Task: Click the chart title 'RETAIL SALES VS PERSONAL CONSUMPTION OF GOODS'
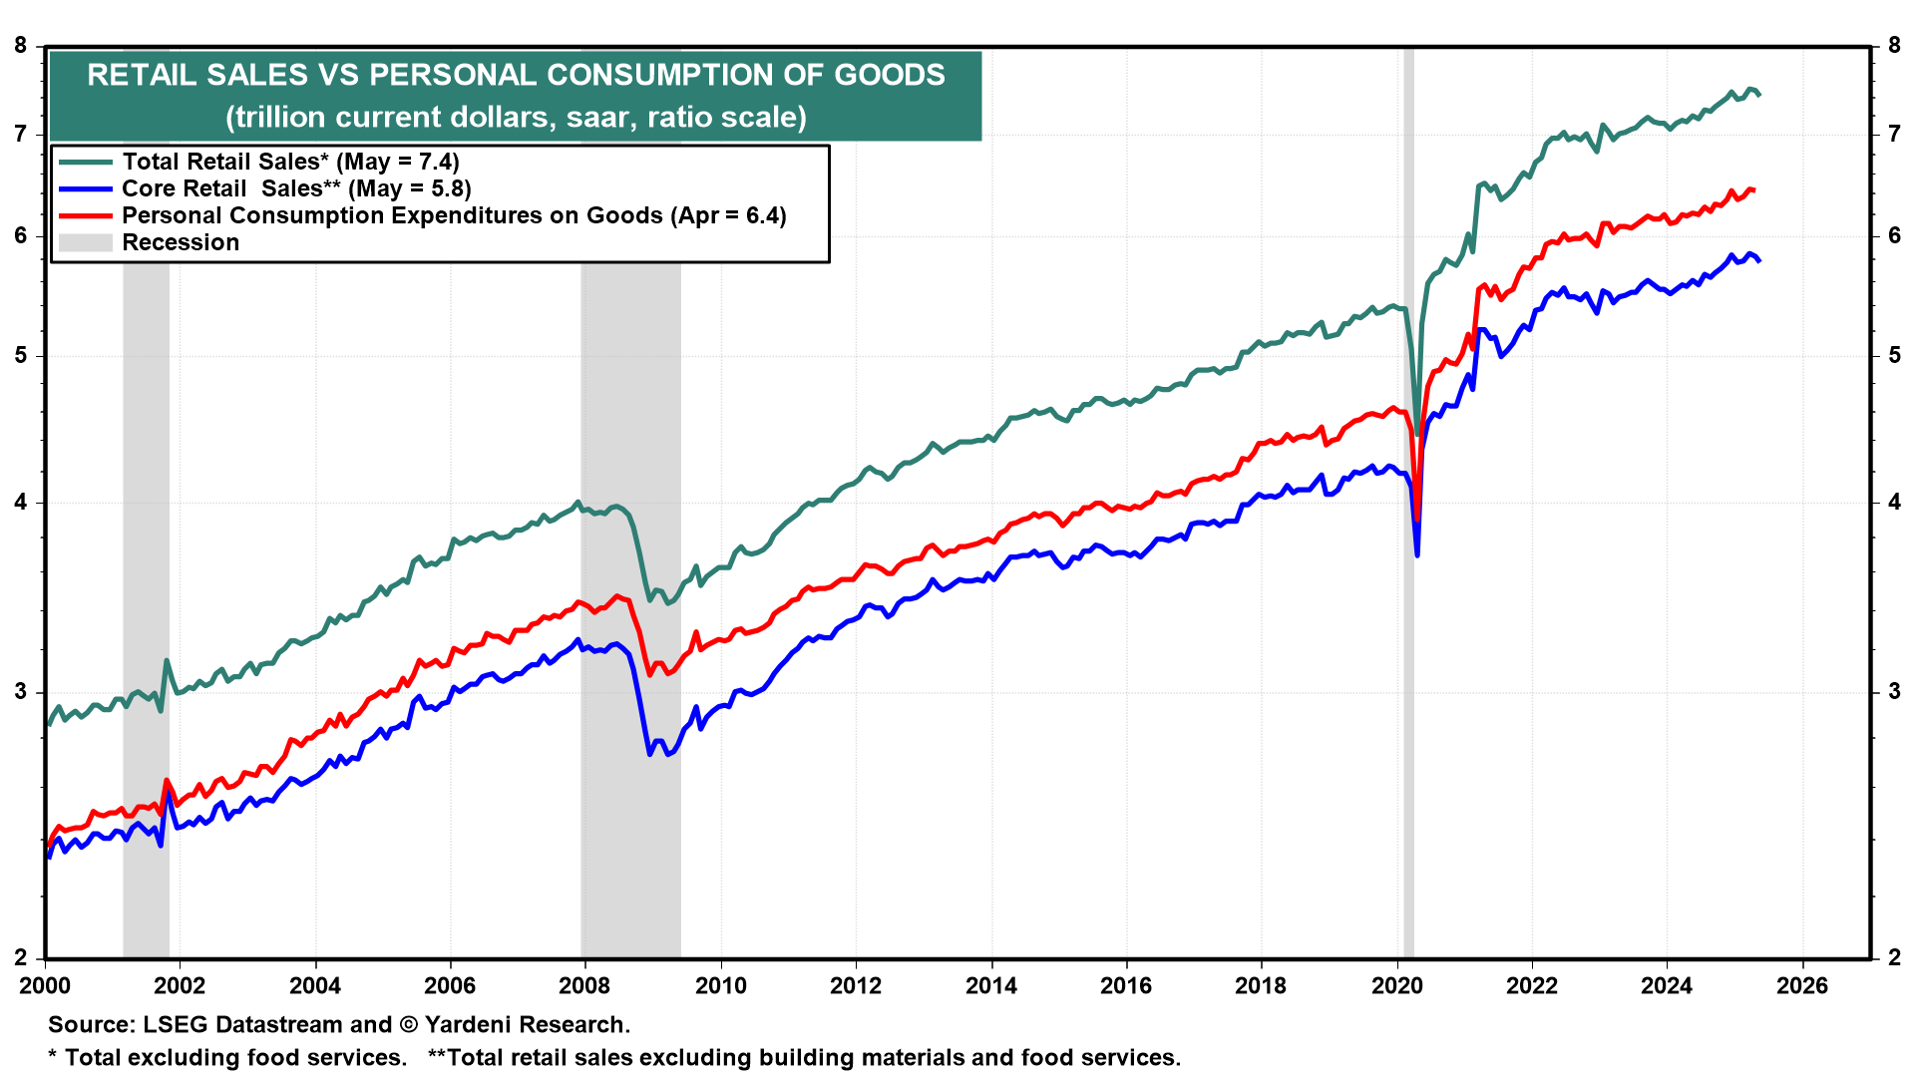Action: point(516,75)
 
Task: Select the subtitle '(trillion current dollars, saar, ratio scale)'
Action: point(516,117)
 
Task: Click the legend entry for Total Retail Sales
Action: point(290,162)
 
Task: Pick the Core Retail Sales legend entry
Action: point(296,188)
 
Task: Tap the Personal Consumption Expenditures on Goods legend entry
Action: point(454,215)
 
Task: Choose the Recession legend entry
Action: point(181,242)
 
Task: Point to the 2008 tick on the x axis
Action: point(585,985)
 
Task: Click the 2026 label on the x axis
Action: point(1802,985)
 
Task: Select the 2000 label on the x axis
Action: point(45,985)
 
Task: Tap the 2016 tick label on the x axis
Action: point(1126,985)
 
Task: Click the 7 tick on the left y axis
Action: point(21,134)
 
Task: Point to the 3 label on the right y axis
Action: point(1894,691)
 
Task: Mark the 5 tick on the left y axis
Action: point(21,355)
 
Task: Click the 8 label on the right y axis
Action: point(1894,45)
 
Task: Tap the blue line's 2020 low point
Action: point(1417,554)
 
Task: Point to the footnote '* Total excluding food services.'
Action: point(227,1057)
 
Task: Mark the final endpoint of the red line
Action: point(1753,189)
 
